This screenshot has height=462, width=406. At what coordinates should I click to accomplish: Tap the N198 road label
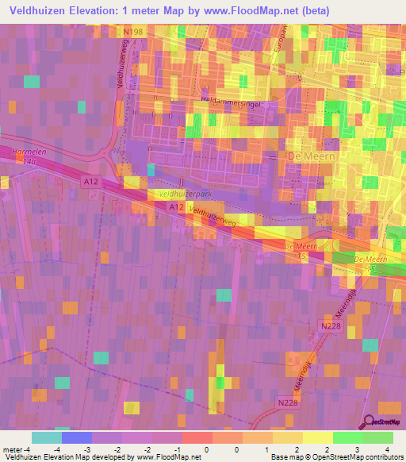[x=133, y=32]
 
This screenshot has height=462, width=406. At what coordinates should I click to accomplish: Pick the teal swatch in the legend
[x=47, y=437]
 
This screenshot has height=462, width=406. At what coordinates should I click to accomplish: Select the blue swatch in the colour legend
[x=77, y=437]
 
